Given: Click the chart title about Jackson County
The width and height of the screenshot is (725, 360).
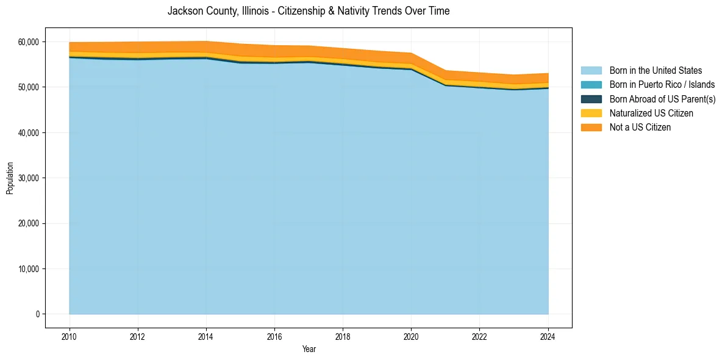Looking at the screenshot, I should [x=309, y=11].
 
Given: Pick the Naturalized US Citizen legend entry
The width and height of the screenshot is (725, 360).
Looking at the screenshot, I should [x=651, y=113].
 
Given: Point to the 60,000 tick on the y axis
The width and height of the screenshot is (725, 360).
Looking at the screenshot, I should [x=29, y=42].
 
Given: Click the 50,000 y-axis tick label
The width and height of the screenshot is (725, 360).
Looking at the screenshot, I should [x=29, y=87].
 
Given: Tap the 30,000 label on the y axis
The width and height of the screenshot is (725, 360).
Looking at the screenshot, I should [x=29, y=178].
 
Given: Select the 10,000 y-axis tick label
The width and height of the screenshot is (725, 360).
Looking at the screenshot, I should [x=29, y=269].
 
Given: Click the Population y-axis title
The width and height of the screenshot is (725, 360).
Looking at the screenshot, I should [x=10, y=178].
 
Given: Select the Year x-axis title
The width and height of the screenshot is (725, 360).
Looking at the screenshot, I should [x=309, y=349].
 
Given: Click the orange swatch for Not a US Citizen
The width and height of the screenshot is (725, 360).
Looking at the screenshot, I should [x=591, y=128].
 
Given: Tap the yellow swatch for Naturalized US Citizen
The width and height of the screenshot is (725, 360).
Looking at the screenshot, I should [x=591, y=113].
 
